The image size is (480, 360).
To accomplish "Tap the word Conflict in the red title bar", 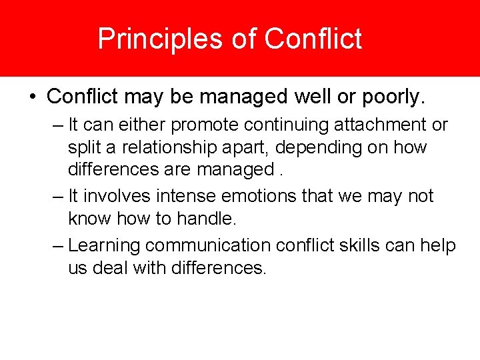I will click(x=313, y=39).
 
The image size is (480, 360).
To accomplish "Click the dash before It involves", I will click(x=58, y=196).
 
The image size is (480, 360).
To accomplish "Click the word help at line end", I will click(x=438, y=245).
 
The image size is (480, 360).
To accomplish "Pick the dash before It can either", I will click(x=58, y=125).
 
